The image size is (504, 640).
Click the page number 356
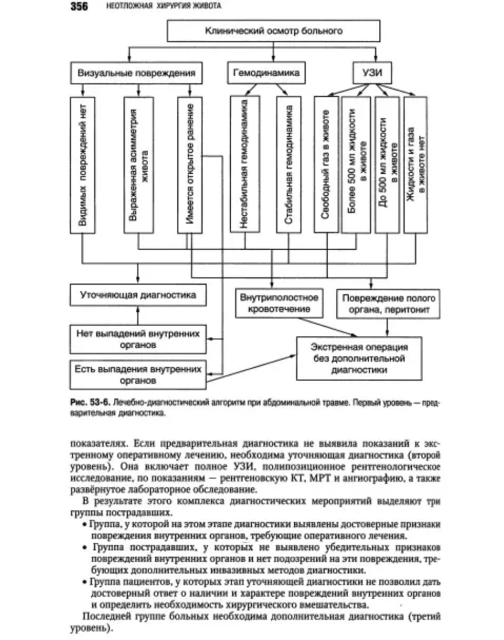[x=81, y=7]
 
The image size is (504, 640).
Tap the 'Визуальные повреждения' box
[x=136, y=73]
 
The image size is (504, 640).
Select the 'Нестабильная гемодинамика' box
[x=244, y=164]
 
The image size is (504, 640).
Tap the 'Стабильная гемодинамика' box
[x=288, y=164]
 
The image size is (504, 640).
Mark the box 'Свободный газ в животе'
[x=326, y=164]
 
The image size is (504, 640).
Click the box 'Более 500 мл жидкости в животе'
[x=356, y=164]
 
